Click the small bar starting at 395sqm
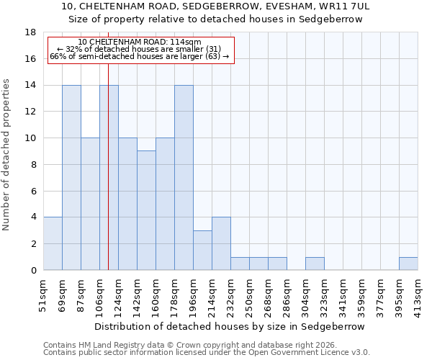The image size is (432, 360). (408, 264)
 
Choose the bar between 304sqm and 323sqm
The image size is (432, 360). (315, 264)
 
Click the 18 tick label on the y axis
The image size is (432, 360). (30, 32)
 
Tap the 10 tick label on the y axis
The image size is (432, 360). (30, 138)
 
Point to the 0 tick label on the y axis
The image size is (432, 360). (32, 270)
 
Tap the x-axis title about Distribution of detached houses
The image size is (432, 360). (230, 326)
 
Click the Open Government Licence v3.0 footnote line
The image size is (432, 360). (207, 352)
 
